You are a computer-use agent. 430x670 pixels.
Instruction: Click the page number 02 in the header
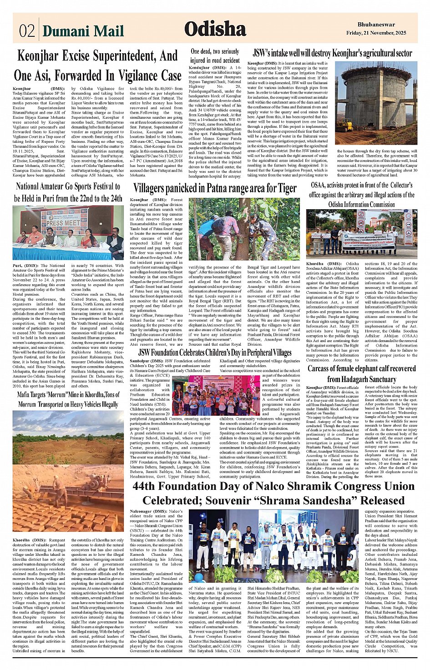point(27,30)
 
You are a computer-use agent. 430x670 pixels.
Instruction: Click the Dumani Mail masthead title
point(83,30)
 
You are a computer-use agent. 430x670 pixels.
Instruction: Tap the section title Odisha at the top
point(215,29)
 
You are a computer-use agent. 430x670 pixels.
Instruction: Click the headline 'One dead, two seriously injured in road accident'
point(215,55)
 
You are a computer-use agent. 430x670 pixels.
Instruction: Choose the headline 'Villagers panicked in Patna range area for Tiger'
point(215,188)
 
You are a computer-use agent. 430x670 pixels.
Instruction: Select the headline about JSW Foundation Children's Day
point(215,353)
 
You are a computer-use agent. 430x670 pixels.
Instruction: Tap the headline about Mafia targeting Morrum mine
point(68,399)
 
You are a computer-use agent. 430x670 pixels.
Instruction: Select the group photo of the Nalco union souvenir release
point(273,546)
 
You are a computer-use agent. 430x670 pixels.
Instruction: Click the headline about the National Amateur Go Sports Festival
point(68,192)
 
